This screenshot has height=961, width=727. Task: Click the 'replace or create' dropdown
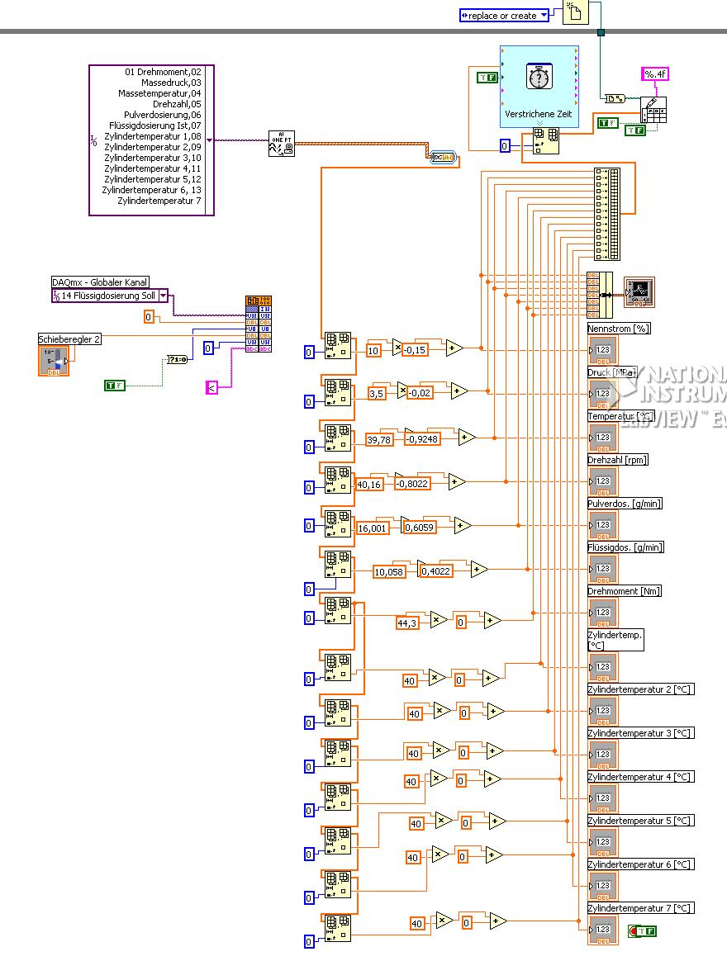[x=504, y=16]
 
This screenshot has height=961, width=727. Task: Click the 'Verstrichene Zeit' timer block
[x=539, y=86]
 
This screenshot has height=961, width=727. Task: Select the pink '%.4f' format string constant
[x=655, y=74]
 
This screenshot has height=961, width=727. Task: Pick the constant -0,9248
[x=421, y=439]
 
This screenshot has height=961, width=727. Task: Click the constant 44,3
[x=406, y=623]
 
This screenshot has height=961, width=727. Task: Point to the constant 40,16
[x=368, y=485]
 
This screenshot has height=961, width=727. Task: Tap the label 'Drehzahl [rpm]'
[x=617, y=460]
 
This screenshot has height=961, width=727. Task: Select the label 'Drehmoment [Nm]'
[x=625, y=591]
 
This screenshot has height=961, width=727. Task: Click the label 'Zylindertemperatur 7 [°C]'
[x=640, y=908]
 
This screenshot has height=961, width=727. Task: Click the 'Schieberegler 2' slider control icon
[x=53, y=361]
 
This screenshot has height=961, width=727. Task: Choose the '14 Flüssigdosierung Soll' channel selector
[x=110, y=296]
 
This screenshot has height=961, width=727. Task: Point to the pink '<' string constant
[x=211, y=387]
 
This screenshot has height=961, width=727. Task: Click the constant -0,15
[x=417, y=350]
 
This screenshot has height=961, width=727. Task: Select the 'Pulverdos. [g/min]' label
[x=625, y=504]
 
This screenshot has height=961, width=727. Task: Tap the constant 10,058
[x=388, y=572]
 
